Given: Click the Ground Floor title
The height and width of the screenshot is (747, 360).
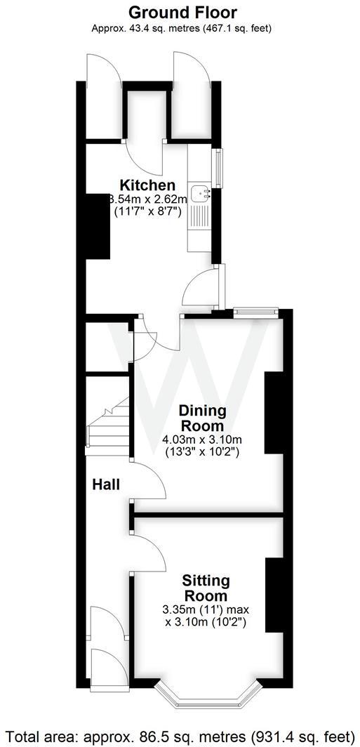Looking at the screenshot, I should pyautogui.click(x=182, y=13).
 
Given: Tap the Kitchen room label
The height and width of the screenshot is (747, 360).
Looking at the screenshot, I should pyautogui.click(x=147, y=185).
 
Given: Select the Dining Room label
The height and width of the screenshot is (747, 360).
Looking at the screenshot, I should pyautogui.click(x=201, y=418).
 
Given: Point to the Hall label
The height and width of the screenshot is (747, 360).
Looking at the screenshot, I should pyautogui.click(x=106, y=484).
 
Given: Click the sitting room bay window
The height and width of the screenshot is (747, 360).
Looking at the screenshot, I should pyautogui.click(x=207, y=695).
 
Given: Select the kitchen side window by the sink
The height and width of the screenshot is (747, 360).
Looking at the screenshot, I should pyautogui.click(x=219, y=168).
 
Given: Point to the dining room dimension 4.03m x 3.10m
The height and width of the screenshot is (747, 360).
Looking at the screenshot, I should pyautogui.click(x=201, y=447).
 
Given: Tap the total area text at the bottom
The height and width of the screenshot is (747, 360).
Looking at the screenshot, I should pyautogui.click(x=180, y=736).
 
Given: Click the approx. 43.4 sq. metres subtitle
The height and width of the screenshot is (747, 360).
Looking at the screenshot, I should pyautogui.click(x=182, y=28).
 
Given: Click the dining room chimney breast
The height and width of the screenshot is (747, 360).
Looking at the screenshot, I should pyautogui.click(x=270, y=414).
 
